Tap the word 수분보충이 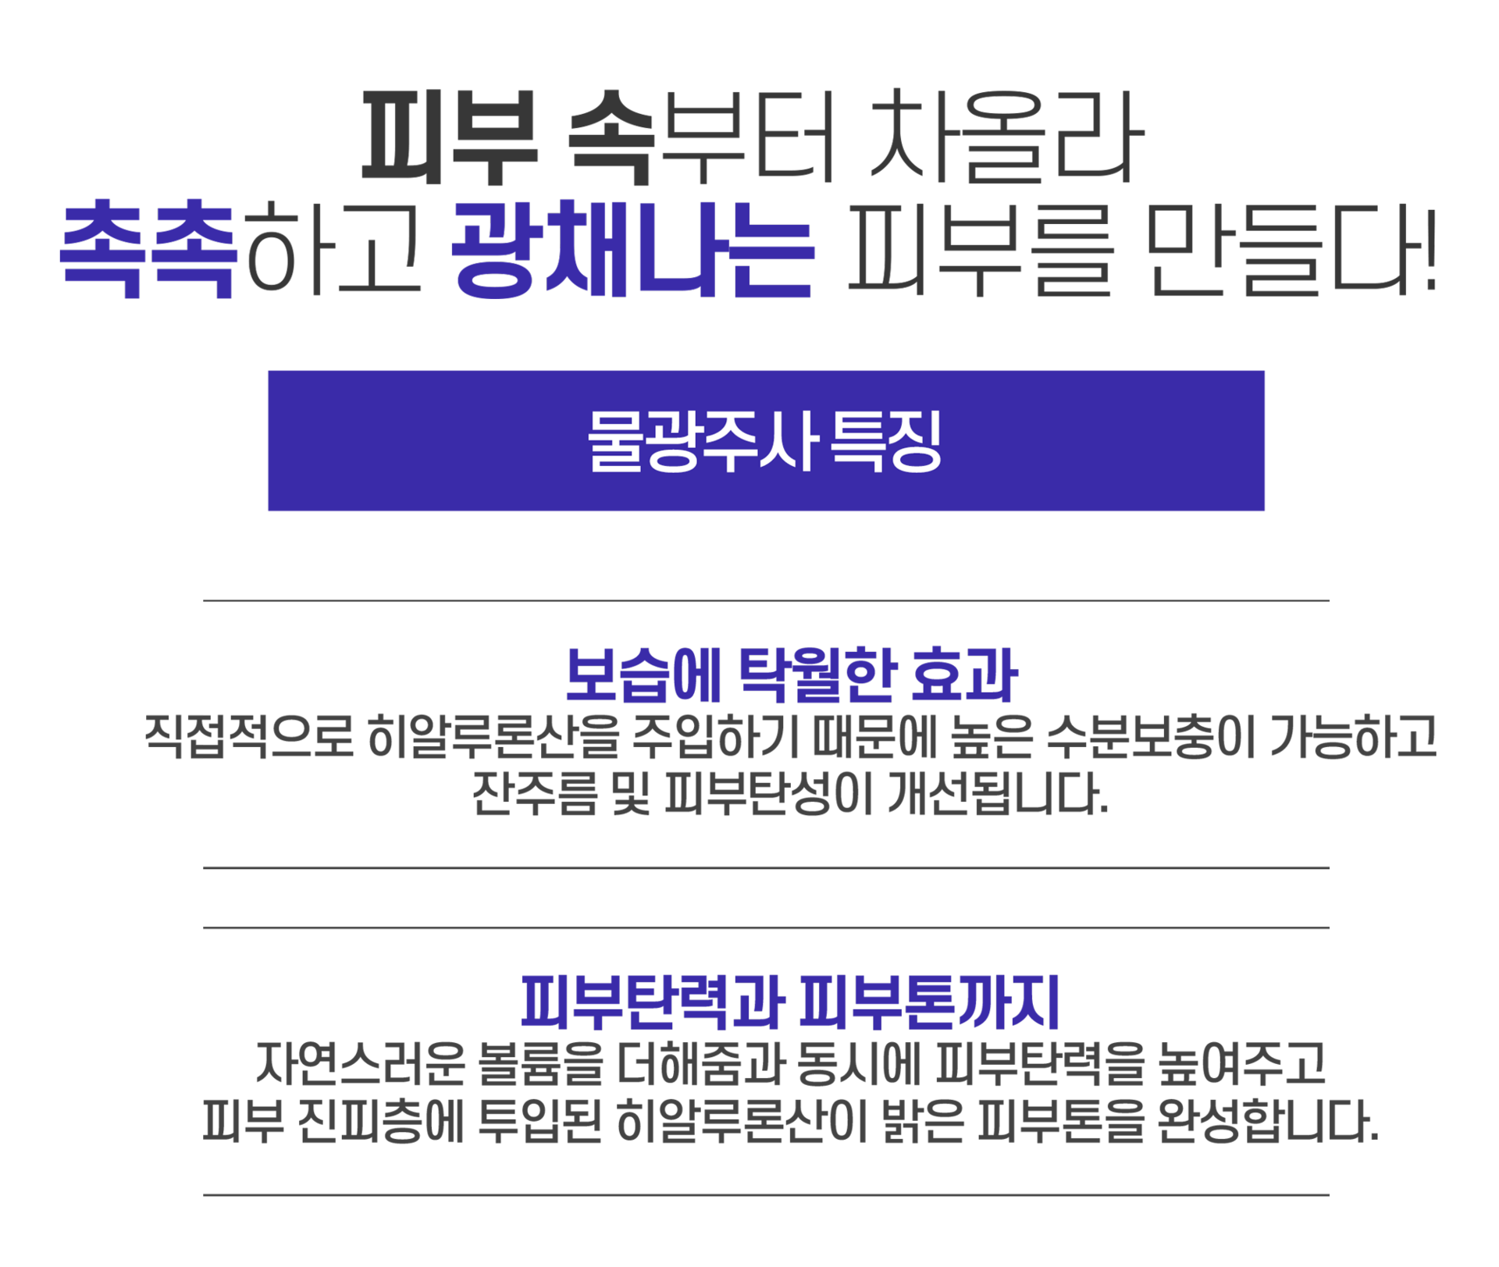[x=1149, y=737]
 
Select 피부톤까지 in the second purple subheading [x=929, y=1003]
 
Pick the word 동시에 [x=858, y=1063]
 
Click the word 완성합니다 [x=1268, y=1123]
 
